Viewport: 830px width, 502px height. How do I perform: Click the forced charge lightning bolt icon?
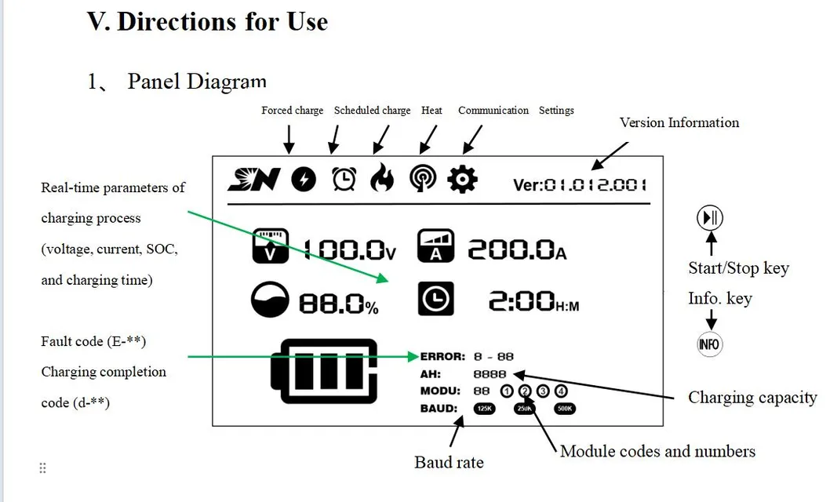pos(304,180)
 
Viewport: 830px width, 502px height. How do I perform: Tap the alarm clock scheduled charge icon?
pos(344,180)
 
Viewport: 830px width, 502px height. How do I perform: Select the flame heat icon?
pos(382,180)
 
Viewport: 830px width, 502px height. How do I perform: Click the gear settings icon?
pos(462,180)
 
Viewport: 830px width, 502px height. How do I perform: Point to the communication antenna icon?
pos(423,180)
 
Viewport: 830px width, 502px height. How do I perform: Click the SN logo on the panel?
pos(253,180)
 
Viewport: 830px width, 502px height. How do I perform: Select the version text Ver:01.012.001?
pos(580,184)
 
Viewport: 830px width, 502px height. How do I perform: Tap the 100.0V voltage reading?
pos(349,249)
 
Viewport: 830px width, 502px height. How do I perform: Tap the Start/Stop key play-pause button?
pos(710,217)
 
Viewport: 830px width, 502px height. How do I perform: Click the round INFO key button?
pos(709,344)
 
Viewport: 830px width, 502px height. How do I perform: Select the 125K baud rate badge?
pos(484,408)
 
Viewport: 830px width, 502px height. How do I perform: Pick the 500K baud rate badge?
pos(565,408)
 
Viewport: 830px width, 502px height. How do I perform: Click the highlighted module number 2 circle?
pos(525,391)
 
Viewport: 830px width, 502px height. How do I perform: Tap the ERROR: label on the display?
pos(442,357)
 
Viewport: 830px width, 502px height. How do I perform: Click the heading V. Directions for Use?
pos(207,21)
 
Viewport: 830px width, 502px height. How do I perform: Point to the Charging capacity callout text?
pos(752,398)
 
